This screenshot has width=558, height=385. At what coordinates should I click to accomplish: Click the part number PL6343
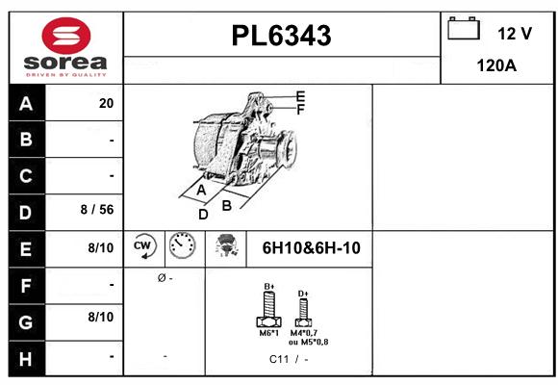tap(282, 37)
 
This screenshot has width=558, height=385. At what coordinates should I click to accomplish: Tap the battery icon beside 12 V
tap(464, 30)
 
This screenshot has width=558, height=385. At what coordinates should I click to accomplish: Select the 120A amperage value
tap(497, 65)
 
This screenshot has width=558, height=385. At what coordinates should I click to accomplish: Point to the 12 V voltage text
tap(515, 34)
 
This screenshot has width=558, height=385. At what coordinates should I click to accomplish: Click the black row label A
tap(26, 104)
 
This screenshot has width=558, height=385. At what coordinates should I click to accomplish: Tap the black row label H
tap(26, 357)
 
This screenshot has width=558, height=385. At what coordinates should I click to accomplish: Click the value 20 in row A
tap(106, 104)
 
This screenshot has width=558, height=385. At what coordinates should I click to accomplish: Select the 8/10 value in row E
tap(101, 247)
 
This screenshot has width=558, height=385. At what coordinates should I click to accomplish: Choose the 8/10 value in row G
tap(101, 316)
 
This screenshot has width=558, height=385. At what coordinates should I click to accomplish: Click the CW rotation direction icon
tap(144, 247)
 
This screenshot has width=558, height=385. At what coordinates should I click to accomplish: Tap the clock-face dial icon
tap(182, 247)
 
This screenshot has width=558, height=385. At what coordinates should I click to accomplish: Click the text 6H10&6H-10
tap(311, 248)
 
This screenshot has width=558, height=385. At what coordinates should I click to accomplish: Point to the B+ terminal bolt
tap(269, 313)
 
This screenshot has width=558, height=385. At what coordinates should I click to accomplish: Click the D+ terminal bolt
tap(303, 311)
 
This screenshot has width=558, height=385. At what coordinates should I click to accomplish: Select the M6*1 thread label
tap(269, 334)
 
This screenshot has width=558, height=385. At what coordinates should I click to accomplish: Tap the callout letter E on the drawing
tap(300, 96)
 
